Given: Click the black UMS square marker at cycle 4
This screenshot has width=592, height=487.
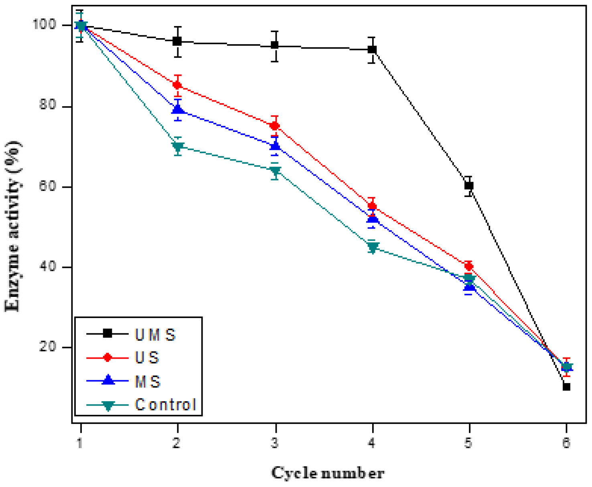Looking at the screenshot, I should coord(372,49).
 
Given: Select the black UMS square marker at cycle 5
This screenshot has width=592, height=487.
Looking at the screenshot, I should coord(469,185).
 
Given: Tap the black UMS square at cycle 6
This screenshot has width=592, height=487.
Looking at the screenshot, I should coord(566,387).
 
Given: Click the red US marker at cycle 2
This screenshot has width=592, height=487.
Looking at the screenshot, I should coord(177,85).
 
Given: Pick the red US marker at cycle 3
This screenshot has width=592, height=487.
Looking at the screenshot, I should coord(275,126).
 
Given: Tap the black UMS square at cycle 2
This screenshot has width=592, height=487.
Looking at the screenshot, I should coord(177,41).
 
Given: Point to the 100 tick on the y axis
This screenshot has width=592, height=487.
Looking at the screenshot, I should coord(44,24).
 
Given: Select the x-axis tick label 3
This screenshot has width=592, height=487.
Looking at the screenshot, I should coord(275,443).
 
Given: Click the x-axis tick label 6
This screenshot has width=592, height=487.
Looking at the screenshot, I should coord(566,443).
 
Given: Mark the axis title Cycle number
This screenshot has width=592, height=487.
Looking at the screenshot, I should coord(328,473).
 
